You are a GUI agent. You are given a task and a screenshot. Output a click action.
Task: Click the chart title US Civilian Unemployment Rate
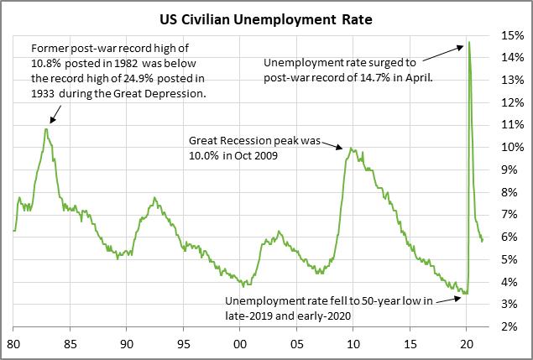(265, 17)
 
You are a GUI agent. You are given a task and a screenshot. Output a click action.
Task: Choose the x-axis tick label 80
(13, 344)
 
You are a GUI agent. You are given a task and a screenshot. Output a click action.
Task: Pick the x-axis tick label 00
(240, 344)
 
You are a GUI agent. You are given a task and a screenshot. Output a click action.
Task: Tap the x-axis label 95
(183, 344)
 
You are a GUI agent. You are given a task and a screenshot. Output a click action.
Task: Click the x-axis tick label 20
(467, 344)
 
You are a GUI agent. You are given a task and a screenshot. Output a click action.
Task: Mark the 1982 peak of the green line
(46, 128)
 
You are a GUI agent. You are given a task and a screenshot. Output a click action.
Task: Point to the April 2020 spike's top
(468, 42)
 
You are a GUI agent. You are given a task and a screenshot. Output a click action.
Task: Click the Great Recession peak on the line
(350, 149)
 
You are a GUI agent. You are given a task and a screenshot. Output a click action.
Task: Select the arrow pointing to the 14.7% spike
(442, 52)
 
